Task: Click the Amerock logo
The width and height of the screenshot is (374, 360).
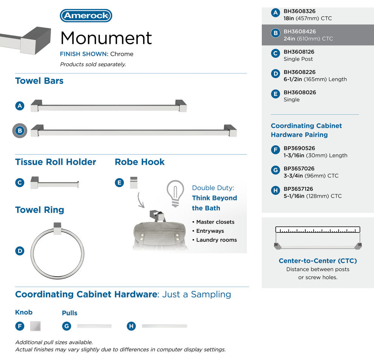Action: [86, 15]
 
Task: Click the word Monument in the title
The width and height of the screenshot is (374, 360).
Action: [106, 38]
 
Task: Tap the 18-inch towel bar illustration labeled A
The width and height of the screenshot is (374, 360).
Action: [108, 106]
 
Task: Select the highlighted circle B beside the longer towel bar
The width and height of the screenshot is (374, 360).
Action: [20, 131]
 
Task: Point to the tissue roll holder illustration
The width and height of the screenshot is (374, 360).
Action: [55, 183]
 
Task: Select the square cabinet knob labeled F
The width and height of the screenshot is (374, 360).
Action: [36, 326]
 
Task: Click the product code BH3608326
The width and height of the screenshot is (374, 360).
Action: [300, 11]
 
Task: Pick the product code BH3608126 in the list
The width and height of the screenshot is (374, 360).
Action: [299, 52]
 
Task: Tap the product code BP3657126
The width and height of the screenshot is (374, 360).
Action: [298, 189]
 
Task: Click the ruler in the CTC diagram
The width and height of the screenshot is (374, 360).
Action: [318, 229]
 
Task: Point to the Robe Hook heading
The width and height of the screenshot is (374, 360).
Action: [140, 162]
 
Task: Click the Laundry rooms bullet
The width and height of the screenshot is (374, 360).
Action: [215, 240]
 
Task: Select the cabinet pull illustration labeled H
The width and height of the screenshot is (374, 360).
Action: [164, 326]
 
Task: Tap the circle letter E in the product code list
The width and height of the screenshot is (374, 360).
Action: [275, 94]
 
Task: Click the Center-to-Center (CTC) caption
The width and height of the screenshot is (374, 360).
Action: [318, 261]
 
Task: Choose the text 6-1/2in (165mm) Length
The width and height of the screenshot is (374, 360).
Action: [315, 79]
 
